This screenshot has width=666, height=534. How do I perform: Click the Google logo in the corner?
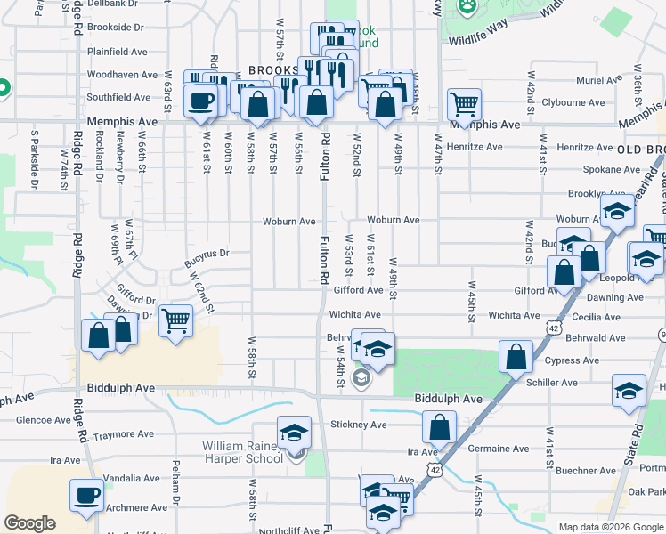coord(30,523)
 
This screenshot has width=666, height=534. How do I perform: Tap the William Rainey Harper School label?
coord(242,452)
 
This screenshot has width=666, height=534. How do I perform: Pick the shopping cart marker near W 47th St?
coord(464,104)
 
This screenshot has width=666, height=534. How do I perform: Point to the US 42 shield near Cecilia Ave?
coord(555,328)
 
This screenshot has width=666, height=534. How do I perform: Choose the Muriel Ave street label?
coord(597,80)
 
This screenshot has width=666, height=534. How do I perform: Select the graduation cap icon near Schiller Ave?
coord(629,391)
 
